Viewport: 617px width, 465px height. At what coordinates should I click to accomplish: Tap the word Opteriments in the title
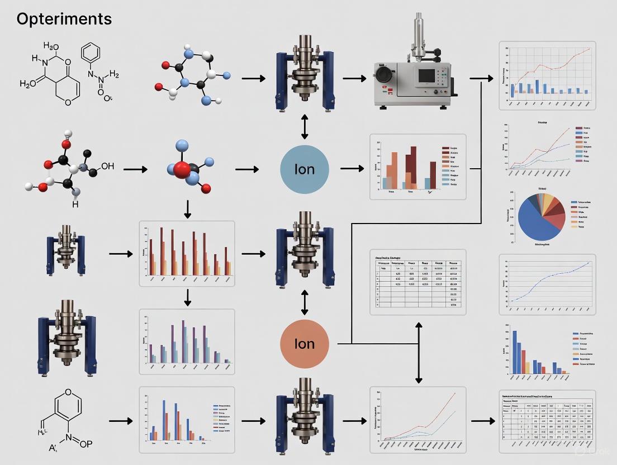point(64,19)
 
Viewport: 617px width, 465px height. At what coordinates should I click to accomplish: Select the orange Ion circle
point(305,343)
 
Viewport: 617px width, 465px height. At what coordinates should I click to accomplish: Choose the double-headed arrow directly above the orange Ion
point(305,302)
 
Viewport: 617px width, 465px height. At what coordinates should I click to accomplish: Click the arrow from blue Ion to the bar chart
point(352,168)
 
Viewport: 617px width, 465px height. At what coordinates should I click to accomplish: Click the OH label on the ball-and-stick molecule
point(107,166)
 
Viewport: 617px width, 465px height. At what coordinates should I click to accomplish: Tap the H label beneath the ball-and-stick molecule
point(75,205)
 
